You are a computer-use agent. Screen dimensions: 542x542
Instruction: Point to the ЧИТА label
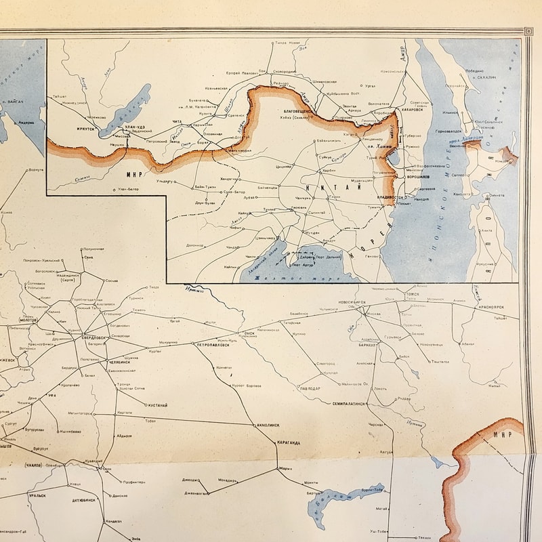[x=178, y=121]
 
